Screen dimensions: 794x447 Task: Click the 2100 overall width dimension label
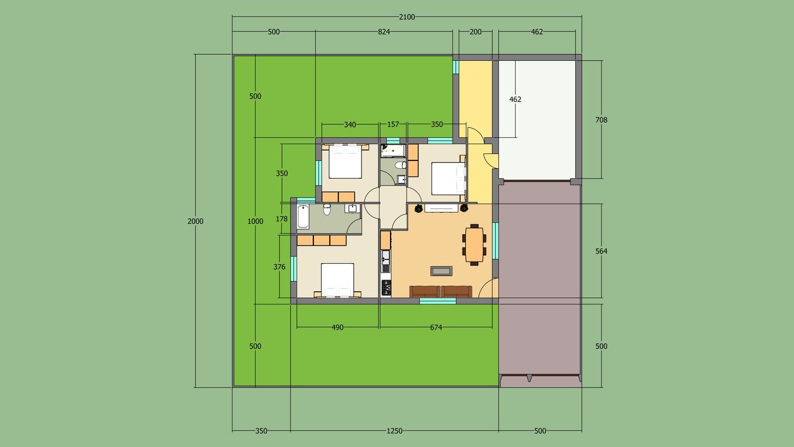[x=407, y=17]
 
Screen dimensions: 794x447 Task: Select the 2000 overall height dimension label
[x=195, y=221]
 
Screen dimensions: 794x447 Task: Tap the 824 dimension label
[x=384, y=32]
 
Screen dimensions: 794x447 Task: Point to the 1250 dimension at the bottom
[x=394, y=431]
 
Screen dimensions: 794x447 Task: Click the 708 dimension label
[x=601, y=120]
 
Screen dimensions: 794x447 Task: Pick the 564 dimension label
[x=601, y=251]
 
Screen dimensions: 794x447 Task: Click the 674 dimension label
[x=436, y=327]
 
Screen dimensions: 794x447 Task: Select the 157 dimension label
[x=393, y=124]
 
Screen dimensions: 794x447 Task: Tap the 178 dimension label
[x=282, y=219]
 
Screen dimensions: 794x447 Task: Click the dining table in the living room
[x=474, y=245]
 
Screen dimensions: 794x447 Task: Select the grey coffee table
[x=441, y=271]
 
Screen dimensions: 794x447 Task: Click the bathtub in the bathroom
[x=303, y=217]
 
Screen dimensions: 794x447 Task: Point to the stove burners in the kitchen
[x=386, y=288]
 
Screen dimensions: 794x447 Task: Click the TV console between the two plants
[x=441, y=208]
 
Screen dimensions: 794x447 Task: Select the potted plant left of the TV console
[x=419, y=208]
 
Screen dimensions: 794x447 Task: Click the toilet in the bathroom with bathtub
[x=327, y=209]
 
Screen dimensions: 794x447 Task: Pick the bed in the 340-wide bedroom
[x=345, y=161]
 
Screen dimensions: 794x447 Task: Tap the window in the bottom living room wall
[x=438, y=301]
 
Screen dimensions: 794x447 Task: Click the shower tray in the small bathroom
[x=393, y=151]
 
